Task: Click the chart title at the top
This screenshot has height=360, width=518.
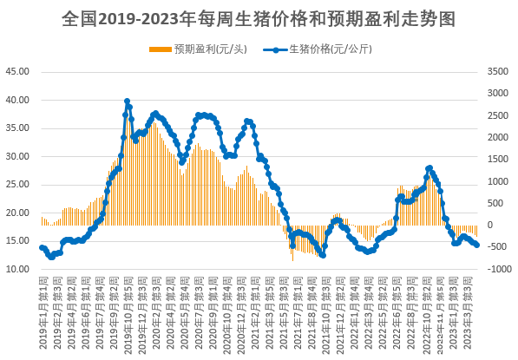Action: [x=259, y=16]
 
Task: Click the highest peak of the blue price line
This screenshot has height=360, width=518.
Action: [x=128, y=101]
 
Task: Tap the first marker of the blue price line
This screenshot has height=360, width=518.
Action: [x=43, y=247]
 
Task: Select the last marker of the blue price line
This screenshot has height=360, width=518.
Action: [x=476, y=245]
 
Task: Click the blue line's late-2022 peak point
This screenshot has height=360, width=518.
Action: [x=429, y=167]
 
